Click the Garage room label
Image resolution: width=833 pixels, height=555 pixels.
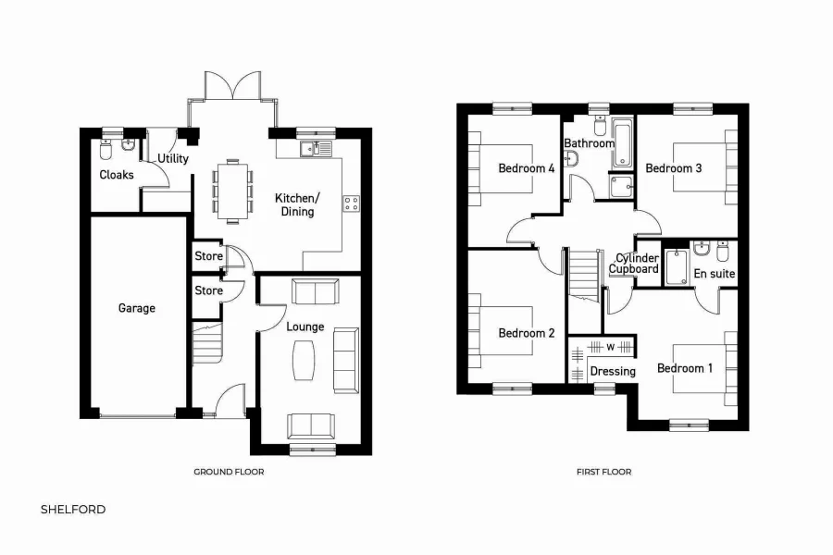[136, 308]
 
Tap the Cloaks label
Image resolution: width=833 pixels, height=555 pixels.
[117, 175]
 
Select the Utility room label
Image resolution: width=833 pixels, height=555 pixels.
[172, 158]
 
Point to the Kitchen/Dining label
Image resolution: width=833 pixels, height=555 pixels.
[297, 204]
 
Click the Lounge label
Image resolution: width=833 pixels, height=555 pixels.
[305, 327]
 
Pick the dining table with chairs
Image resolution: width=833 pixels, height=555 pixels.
[231, 191]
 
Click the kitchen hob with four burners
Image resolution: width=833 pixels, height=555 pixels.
[352, 203]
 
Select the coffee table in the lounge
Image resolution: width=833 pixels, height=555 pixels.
[305, 360]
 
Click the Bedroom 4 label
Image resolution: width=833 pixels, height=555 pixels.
[526, 168]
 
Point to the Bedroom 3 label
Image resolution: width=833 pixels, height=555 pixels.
[673, 168]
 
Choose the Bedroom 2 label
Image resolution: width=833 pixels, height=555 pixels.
[526, 333]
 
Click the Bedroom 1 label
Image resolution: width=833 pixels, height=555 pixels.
[685, 368]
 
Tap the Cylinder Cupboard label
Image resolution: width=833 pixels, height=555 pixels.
[634, 263]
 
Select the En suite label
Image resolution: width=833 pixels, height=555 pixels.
[714, 274]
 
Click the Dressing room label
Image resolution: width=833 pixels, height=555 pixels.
[613, 371]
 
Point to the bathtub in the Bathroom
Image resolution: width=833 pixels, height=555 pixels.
[621, 143]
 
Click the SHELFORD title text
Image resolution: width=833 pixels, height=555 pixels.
[73, 509]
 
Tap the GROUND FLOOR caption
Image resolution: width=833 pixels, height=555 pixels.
[229, 472]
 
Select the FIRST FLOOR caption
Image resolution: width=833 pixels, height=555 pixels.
[603, 472]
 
